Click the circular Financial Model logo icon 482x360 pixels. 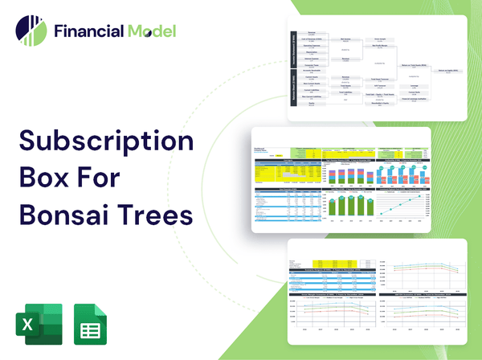[x=31, y=31]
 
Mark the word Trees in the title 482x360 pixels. [x=157, y=217]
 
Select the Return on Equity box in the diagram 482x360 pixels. [x=447, y=71]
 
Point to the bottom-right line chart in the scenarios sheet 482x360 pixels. [x=422, y=317]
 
